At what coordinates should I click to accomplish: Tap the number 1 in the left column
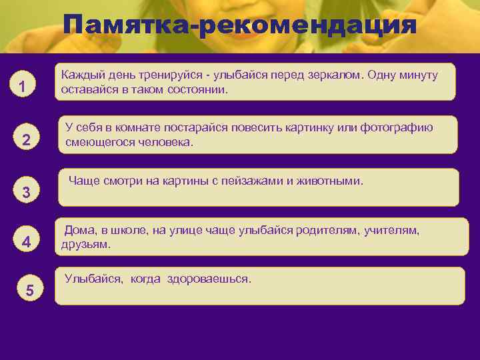(23, 87)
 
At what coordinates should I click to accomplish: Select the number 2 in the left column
(26, 140)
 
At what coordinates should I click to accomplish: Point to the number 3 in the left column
(26, 193)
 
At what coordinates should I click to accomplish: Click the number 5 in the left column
(29, 290)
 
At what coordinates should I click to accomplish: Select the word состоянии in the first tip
(198, 89)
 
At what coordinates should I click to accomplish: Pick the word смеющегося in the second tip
(97, 141)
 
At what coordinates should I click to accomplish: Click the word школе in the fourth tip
(123, 231)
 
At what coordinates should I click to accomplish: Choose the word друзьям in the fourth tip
(85, 244)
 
